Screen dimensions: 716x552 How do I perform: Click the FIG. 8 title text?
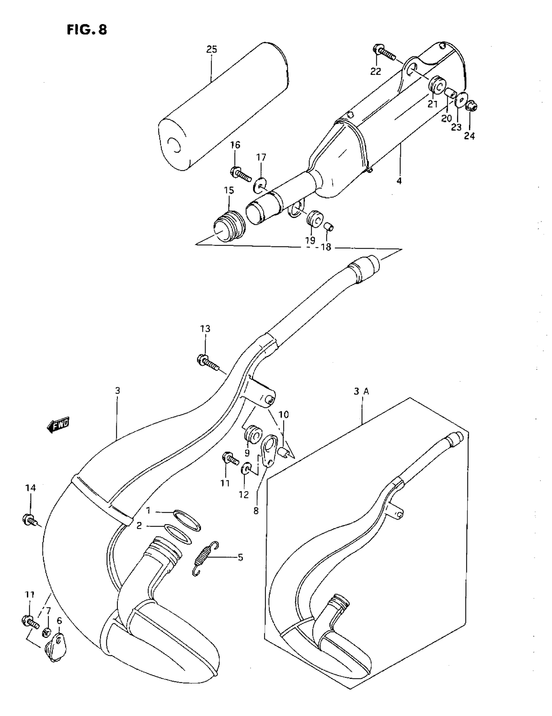click(87, 30)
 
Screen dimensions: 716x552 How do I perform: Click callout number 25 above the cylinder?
click(212, 50)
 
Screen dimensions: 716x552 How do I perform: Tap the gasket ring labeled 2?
click(177, 534)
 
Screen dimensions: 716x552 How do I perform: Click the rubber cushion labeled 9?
click(253, 435)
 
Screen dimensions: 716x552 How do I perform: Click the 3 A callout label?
click(361, 391)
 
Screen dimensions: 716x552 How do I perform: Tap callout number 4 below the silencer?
click(399, 181)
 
